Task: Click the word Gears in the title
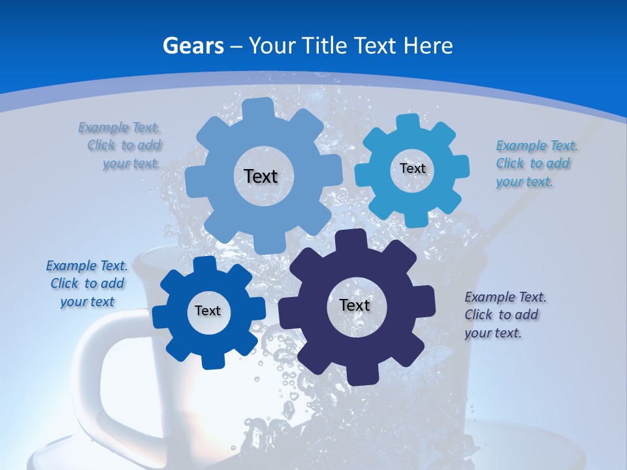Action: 193,46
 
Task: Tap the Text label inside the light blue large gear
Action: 261,176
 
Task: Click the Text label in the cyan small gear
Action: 412,168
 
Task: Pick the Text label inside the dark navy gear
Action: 355,305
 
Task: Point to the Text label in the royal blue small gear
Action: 208,311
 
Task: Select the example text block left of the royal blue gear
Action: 87,283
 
